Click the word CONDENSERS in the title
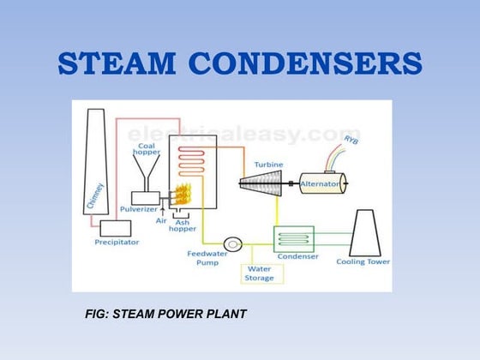310,64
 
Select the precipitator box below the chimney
116,228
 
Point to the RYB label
351,140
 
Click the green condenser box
293,238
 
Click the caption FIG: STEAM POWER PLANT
165,315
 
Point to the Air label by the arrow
159,219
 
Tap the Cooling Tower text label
363,261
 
